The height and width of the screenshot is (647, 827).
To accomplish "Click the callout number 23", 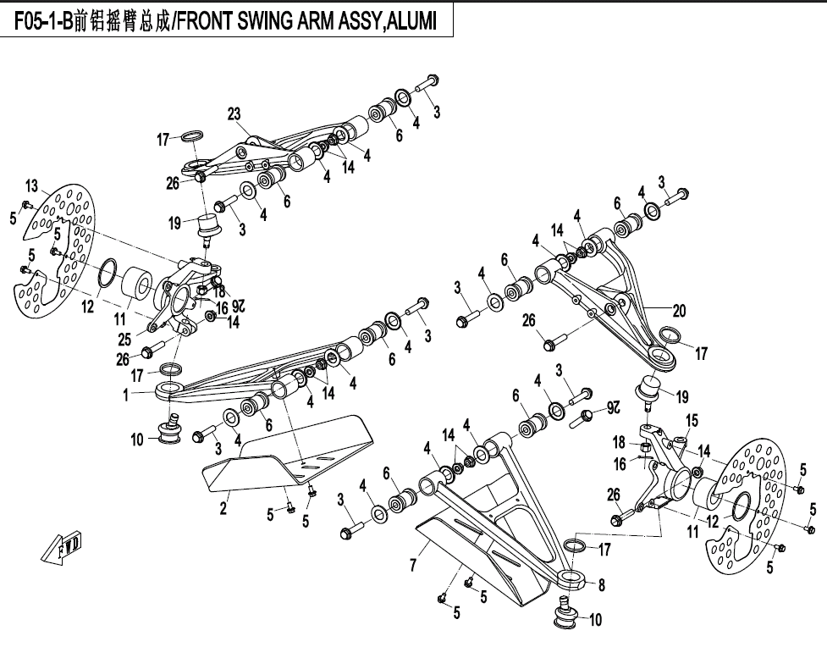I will tap(234, 113).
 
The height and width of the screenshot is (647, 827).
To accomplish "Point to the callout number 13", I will tap(31, 186).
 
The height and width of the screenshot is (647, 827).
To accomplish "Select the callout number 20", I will tap(680, 309).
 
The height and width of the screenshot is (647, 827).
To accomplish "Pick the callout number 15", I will tap(692, 421).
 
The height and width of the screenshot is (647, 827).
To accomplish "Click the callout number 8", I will tap(601, 584).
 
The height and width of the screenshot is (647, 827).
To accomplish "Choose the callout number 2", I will tap(223, 508).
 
